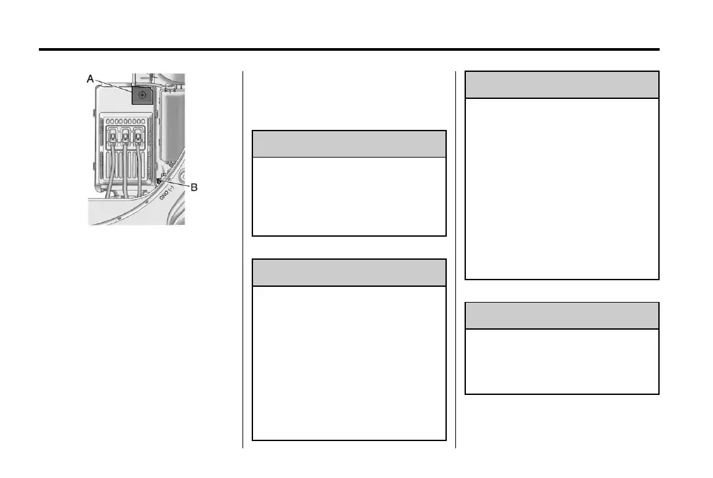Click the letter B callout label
[194, 187]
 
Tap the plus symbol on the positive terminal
[142, 96]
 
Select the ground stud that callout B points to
[160, 179]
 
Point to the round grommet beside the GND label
[177, 176]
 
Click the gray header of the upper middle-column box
[349, 144]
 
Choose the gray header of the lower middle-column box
[349, 272]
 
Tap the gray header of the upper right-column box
[562, 85]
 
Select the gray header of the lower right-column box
[562, 315]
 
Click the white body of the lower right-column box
[562, 361]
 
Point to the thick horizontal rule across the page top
[349, 49]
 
